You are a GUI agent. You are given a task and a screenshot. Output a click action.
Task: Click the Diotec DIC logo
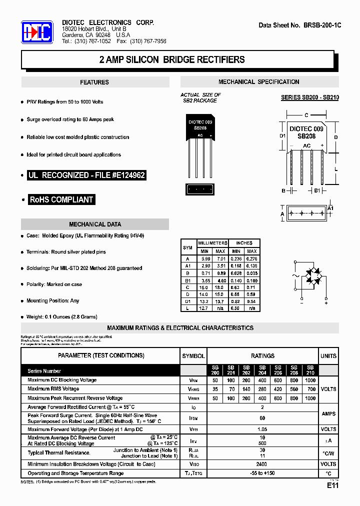(37, 33)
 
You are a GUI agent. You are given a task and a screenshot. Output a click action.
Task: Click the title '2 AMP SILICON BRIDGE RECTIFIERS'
(172, 60)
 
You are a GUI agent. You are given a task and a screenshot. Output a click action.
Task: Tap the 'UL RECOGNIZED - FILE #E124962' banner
(86, 175)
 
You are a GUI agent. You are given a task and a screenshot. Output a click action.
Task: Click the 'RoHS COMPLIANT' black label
(61, 199)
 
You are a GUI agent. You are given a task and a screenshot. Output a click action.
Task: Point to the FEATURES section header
(94, 82)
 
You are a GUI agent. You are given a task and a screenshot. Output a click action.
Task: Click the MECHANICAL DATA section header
(95, 224)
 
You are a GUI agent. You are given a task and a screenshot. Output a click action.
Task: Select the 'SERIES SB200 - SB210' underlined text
(309, 97)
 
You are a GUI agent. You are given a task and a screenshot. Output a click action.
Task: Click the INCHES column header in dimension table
(244, 243)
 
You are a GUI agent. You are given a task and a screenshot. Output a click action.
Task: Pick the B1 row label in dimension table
(188, 280)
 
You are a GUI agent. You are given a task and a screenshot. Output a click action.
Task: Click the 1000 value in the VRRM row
(310, 398)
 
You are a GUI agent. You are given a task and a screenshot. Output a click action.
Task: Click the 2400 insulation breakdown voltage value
(262, 464)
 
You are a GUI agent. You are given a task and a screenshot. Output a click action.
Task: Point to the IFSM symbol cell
(193, 418)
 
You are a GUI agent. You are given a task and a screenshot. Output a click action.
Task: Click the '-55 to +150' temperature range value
(262, 473)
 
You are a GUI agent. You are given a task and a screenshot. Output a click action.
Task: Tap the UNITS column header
(328, 356)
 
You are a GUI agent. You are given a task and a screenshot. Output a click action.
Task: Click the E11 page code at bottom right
(333, 485)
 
